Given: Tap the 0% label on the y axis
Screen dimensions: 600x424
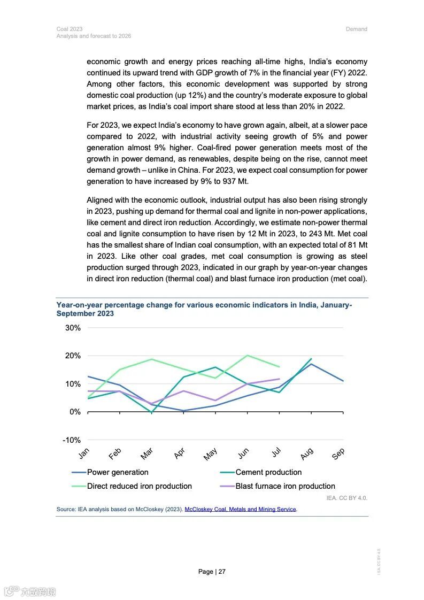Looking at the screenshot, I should [x=74, y=412].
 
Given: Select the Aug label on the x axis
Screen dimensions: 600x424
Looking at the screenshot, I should [x=307, y=454].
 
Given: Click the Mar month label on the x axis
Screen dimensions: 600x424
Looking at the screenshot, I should [x=147, y=454].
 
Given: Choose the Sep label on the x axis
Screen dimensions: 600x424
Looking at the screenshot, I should [x=338, y=454].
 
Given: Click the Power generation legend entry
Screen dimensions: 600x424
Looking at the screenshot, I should [x=118, y=472].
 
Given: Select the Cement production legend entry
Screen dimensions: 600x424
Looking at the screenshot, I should [x=268, y=472].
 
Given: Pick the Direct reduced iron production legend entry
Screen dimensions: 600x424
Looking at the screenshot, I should [x=139, y=486].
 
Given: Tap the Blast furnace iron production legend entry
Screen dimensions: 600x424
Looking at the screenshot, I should [x=285, y=486].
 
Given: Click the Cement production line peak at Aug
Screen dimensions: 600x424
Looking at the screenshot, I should [x=311, y=359].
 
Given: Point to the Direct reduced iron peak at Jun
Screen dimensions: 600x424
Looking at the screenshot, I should [x=247, y=355].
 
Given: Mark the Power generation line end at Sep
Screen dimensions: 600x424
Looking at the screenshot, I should [x=343, y=381].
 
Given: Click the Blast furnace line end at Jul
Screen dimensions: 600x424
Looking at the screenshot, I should [x=279, y=379].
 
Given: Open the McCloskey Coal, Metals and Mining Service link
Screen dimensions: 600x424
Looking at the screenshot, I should [x=240, y=510].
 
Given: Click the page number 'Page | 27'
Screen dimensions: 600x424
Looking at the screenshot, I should [x=212, y=572].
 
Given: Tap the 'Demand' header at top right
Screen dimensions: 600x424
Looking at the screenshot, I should [x=357, y=29].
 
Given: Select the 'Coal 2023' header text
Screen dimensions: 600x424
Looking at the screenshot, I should [x=66, y=29].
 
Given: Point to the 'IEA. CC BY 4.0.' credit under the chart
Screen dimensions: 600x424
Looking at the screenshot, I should [x=347, y=498].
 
